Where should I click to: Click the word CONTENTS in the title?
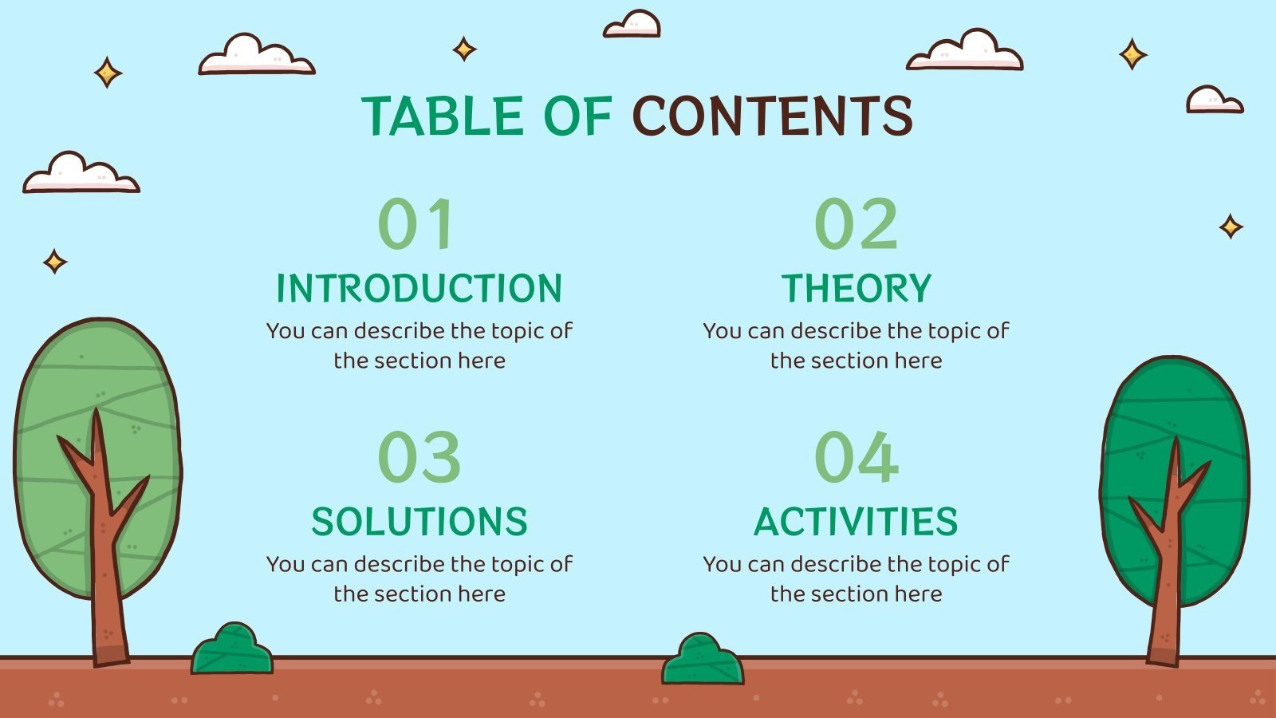(x=772, y=116)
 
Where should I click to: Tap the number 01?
(x=416, y=224)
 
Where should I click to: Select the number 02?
(x=856, y=224)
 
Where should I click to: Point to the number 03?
(x=419, y=457)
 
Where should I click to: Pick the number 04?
(x=856, y=457)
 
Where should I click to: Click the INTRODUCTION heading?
(x=419, y=288)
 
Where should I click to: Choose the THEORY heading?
(x=856, y=288)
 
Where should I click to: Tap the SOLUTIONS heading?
(x=419, y=522)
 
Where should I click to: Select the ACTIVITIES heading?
(x=856, y=522)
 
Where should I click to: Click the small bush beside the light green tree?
(x=232, y=650)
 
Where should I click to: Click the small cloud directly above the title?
(x=632, y=25)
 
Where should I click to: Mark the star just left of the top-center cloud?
(x=464, y=49)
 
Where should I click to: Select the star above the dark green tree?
(x=1231, y=227)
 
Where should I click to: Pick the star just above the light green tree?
(x=55, y=262)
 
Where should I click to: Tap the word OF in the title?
(x=577, y=116)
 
